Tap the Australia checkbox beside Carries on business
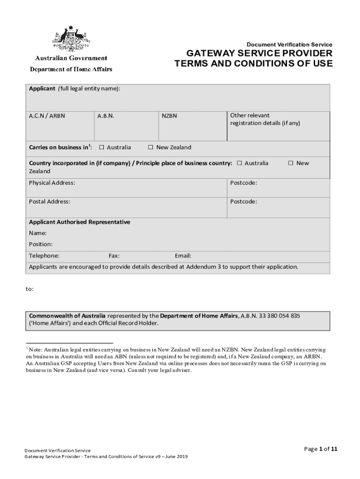[101, 147]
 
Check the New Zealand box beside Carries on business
[151, 147]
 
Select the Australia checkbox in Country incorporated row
[239, 163]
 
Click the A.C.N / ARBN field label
[47, 116]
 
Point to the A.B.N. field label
[106, 116]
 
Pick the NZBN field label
[169, 116]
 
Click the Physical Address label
[52, 182]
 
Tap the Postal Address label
[50, 202]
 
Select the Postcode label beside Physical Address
[243, 182]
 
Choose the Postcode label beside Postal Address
[243, 202]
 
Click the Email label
[183, 256]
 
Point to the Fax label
[114, 256]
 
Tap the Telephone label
[44, 256]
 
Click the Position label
[41, 244]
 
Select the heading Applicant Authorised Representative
[79, 222]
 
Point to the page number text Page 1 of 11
[321, 449]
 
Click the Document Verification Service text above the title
[289, 44]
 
